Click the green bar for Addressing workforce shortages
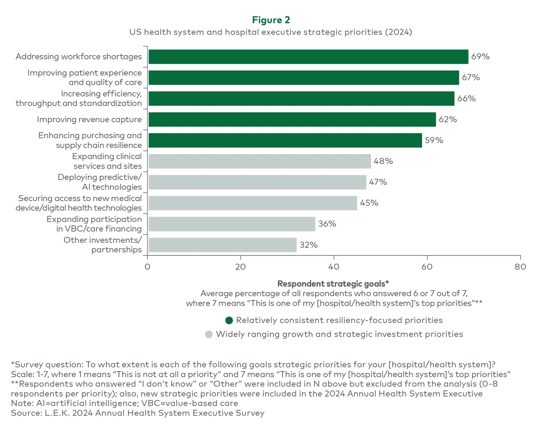click(x=308, y=57)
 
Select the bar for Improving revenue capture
click(x=292, y=120)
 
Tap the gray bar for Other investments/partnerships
click(x=222, y=245)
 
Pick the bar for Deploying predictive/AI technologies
click(x=257, y=182)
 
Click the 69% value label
click(x=480, y=57)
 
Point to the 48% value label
click(x=383, y=161)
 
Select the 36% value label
click(x=327, y=224)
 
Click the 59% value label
click(x=434, y=140)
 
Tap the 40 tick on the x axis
click(x=334, y=267)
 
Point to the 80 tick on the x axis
click(x=520, y=267)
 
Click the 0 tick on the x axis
click(x=147, y=267)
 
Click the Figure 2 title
click(x=271, y=20)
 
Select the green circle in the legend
click(x=229, y=320)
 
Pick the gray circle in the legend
click(x=209, y=334)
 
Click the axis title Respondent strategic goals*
click(x=333, y=284)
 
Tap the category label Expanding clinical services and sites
click(x=107, y=161)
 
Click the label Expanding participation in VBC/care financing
click(x=94, y=224)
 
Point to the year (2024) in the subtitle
click(x=398, y=32)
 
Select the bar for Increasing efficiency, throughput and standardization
click(x=301, y=99)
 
